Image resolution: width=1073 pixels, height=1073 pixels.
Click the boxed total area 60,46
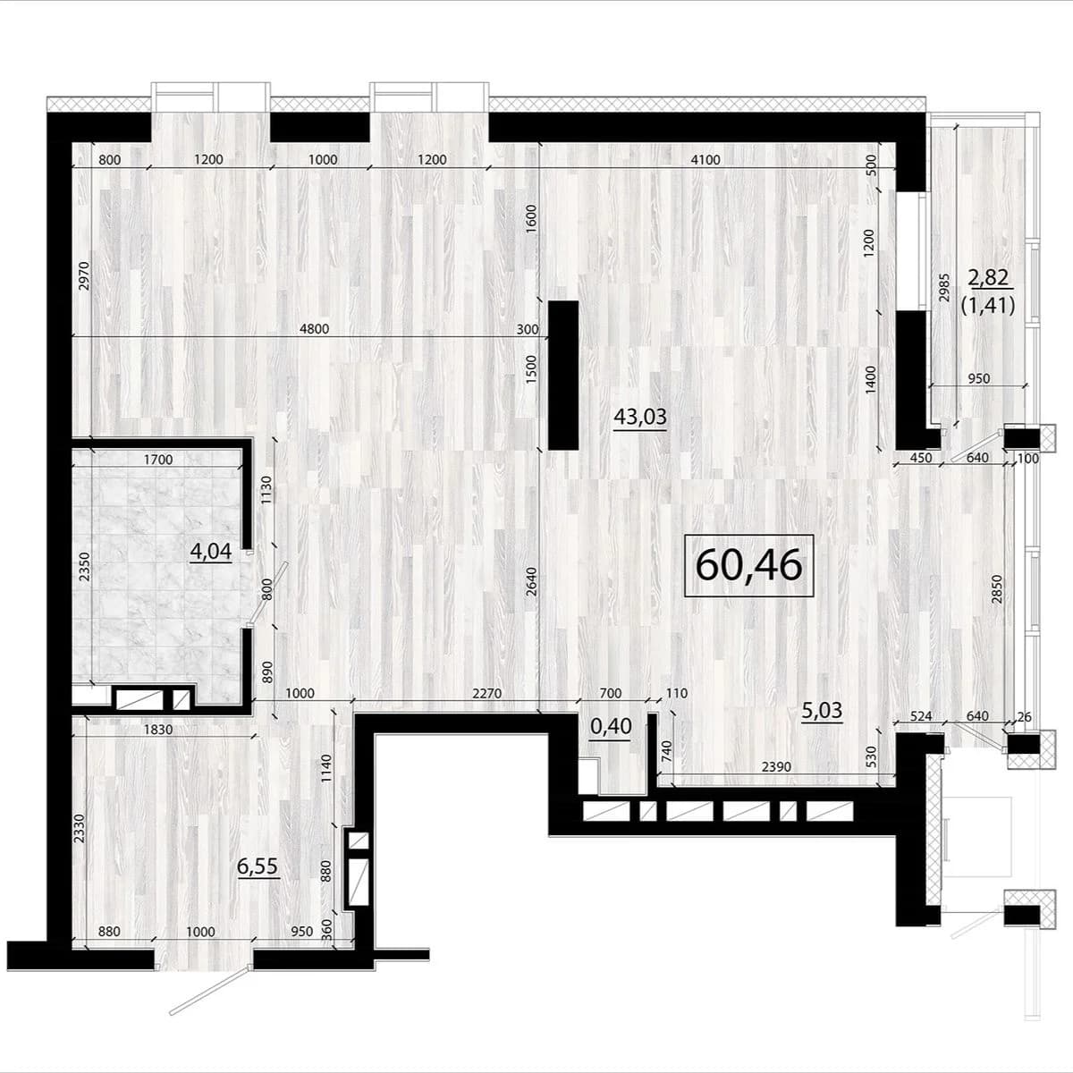(x=749, y=565)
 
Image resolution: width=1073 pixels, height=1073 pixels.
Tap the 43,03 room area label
(x=640, y=416)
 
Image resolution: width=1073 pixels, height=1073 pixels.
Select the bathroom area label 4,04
(x=210, y=551)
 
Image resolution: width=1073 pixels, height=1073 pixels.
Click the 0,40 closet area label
(x=611, y=727)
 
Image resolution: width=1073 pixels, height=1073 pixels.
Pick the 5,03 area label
(x=822, y=711)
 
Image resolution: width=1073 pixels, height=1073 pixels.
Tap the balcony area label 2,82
(x=988, y=277)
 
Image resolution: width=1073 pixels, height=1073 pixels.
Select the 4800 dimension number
(x=315, y=328)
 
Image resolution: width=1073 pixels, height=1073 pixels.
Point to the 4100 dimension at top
(x=705, y=160)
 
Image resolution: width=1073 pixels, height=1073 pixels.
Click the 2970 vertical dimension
(x=83, y=275)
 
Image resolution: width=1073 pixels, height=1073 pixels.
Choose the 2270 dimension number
(x=486, y=694)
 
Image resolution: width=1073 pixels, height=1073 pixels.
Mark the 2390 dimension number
(x=776, y=766)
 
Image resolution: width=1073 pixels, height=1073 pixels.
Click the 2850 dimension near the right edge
(x=997, y=589)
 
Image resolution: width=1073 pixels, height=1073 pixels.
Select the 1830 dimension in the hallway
(x=158, y=730)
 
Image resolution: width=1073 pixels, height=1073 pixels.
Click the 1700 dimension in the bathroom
(x=158, y=460)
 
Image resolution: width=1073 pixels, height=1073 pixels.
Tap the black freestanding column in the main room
(x=563, y=376)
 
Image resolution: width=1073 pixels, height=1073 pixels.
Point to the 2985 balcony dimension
(x=943, y=287)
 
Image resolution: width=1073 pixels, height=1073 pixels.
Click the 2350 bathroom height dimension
(x=83, y=567)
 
